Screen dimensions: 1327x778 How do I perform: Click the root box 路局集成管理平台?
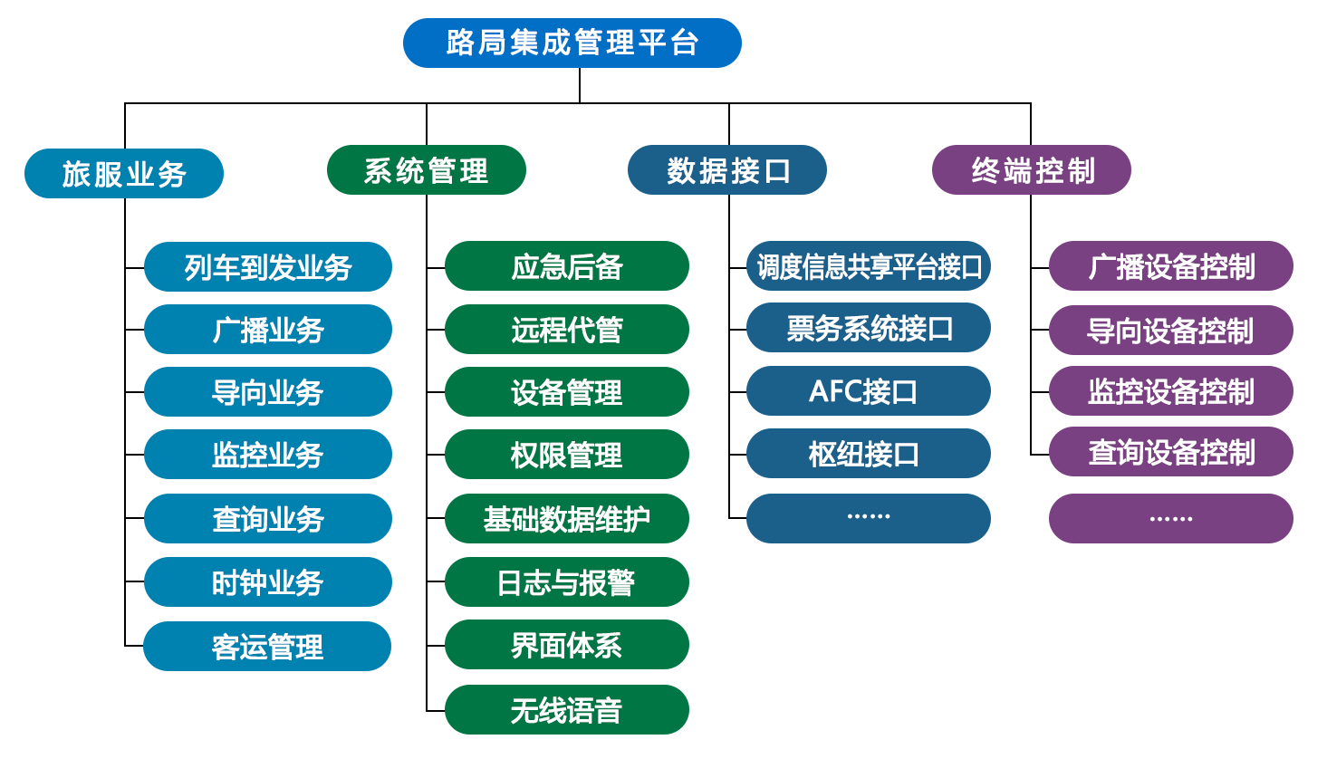[572, 43]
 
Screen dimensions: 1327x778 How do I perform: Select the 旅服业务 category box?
[124, 173]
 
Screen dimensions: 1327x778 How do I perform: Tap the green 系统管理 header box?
[427, 169]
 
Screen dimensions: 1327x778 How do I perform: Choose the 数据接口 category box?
[726, 169]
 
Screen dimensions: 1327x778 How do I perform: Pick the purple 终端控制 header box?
[1032, 169]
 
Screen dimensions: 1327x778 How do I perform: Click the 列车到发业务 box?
[268, 266]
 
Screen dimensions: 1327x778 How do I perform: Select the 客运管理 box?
[267, 646]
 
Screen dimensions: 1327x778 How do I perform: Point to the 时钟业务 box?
[268, 581]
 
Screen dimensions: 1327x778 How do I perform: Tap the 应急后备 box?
[567, 265]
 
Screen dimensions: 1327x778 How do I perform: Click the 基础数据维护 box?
[567, 518]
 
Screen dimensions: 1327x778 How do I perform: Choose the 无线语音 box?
[567, 710]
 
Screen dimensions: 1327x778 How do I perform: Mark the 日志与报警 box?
[567, 581]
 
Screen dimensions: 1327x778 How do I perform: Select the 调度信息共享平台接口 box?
[869, 265]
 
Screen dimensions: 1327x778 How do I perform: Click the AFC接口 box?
[869, 390]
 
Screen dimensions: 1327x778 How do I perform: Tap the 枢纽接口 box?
[869, 453]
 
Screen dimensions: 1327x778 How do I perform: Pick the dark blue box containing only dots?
[869, 518]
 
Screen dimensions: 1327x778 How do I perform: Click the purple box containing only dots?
[1171, 518]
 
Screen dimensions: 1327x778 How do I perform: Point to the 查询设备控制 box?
[1171, 452]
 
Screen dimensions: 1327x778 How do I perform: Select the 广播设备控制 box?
[1171, 265]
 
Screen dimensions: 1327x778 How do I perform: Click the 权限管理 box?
[567, 454]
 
